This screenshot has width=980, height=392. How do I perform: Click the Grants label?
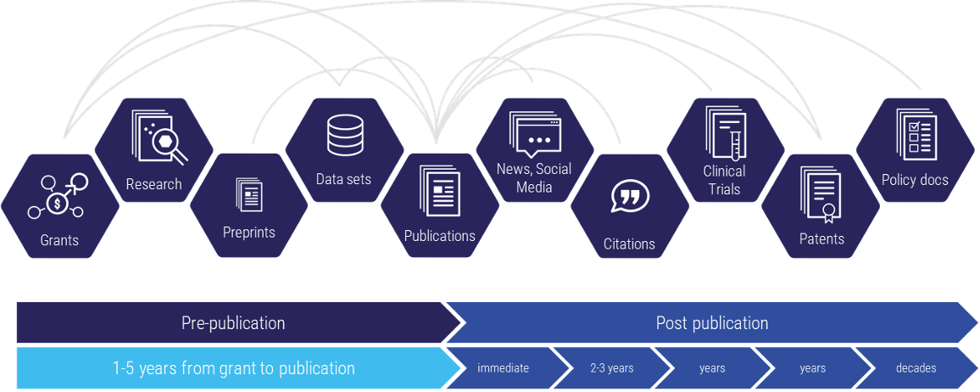pyautogui.click(x=59, y=240)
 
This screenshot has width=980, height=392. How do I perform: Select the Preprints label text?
pyautogui.click(x=248, y=232)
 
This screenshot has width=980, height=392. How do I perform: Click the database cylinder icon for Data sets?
pyautogui.click(x=344, y=134)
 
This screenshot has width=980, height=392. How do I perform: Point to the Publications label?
pyautogui.click(x=439, y=236)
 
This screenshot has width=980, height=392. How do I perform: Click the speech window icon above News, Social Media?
pyautogui.click(x=534, y=135)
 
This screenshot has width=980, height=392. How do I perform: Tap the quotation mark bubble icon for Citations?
pyautogui.click(x=629, y=197)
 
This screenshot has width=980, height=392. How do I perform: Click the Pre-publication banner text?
pyautogui.click(x=233, y=323)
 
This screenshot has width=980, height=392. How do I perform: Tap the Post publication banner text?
pyautogui.click(x=712, y=323)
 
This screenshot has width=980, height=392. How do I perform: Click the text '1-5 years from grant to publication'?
pyautogui.click(x=233, y=368)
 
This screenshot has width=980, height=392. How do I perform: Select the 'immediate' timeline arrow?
pyautogui.click(x=504, y=368)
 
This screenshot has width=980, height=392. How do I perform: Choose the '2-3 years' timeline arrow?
pyautogui.click(x=612, y=368)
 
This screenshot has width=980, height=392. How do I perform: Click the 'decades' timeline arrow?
pyautogui.click(x=916, y=368)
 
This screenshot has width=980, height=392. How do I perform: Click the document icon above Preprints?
pyautogui.click(x=249, y=194)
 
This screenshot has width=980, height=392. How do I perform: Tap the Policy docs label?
pyautogui.click(x=915, y=180)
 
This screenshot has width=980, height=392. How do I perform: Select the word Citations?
pyautogui.click(x=629, y=244)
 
